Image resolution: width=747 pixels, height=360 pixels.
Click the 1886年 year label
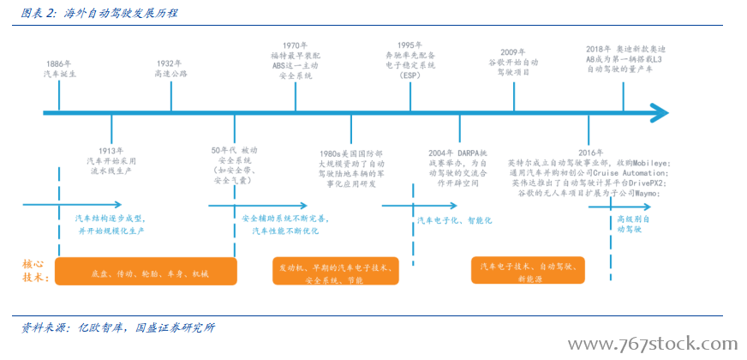[x=59, y=63]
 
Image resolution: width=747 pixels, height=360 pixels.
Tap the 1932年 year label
[x=170, y=63]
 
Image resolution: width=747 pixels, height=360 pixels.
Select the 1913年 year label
[x=111, y=150]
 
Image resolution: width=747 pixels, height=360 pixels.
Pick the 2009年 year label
[x=513, y=51]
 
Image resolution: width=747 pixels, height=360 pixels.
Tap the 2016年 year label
[x=590, y=151]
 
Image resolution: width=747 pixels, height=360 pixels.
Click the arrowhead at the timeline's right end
[x=659, y=111]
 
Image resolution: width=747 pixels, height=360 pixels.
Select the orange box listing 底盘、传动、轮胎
[x=146, y=272]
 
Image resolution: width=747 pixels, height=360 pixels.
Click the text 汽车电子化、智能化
[x=454, y=220]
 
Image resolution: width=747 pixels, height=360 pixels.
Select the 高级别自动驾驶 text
[x=633, y=225]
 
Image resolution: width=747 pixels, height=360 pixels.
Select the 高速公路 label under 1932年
[x=170, y=75]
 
